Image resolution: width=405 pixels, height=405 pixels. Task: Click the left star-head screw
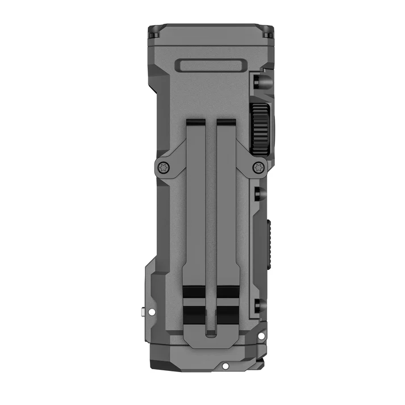click(164, 167)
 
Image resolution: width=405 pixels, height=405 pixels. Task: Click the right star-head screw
click(258, 167)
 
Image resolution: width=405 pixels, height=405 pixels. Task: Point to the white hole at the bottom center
click(226, 366)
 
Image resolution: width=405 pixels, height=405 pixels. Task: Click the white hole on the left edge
click(151, 311)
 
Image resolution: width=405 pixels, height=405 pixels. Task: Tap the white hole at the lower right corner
click(261, 336)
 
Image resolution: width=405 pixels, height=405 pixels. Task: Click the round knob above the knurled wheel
click(262, 81)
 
